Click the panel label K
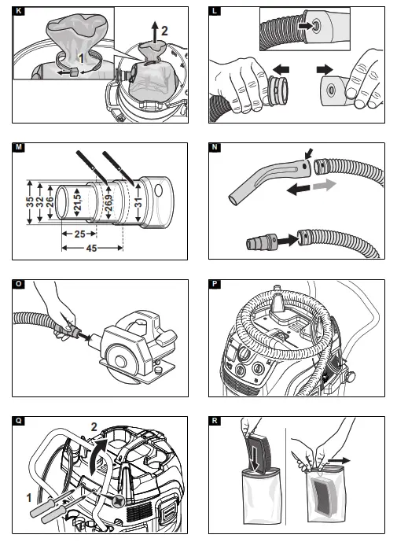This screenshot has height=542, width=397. [x=19, y=11]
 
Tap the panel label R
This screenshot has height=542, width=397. [x=215, y=421]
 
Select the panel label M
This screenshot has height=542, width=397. [x=19, y=147]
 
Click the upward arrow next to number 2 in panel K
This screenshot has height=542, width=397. [x=155, y=32]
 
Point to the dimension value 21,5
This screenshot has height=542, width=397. [x=78, y=202]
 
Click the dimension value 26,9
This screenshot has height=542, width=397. [x=108, y=204]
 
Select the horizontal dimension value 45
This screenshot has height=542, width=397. [x=91, y=248]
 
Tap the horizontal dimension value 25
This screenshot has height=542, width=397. [x=80, y=234]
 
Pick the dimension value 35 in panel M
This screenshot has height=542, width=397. [x=30, y=202]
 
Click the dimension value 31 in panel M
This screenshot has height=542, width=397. [x=138, y=202]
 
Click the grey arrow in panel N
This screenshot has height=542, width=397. [x=324, y=185]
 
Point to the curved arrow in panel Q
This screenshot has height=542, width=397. [x=97, y=455]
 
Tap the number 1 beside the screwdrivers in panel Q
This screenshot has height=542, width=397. [x=29, y=498]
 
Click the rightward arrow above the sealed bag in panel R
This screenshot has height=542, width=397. [x=339, y=461]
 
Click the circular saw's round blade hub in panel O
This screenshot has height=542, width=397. [x=120, y=362]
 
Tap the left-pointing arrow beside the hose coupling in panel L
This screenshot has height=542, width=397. [x=281, y=69]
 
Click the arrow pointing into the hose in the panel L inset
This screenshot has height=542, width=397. [x=304, y=26]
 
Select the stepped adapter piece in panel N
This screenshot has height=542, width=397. [x=262, y=242]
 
